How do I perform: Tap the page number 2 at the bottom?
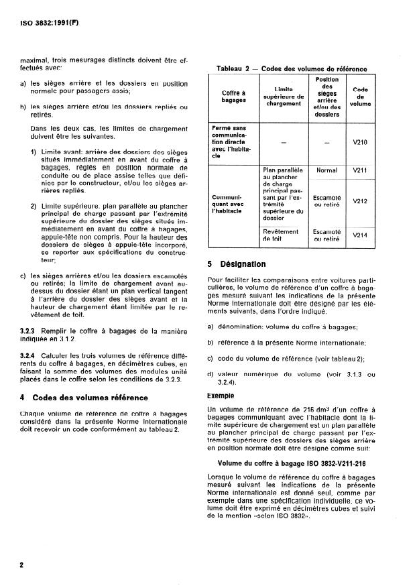coord(22,565)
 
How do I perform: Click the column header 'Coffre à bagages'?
coord(235,96)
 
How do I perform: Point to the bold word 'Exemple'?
coord(225,396)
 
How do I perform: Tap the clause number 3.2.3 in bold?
coord(31,331)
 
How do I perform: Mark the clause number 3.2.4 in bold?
coord(31,355)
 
